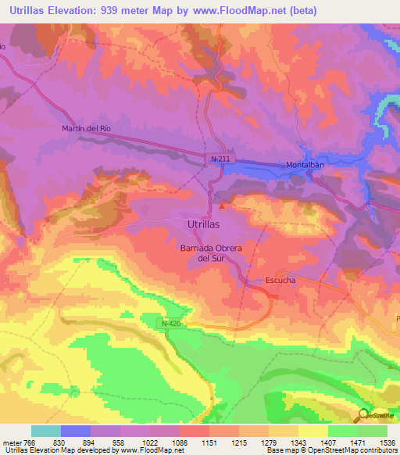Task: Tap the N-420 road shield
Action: point(153,322)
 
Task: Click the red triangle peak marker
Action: point(223,207)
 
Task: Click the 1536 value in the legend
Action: point(387,442)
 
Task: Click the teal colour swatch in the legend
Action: point(46,431)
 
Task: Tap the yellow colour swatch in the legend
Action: point(312,431)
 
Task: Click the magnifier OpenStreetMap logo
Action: point(363,416)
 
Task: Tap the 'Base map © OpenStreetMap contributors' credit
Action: point(330,450)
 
